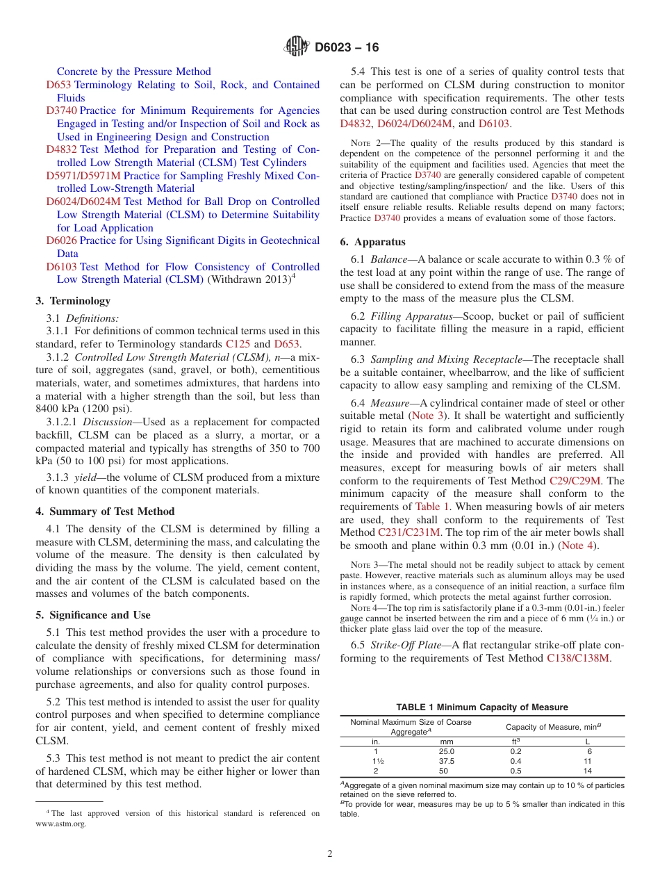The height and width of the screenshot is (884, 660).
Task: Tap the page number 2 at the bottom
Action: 330,854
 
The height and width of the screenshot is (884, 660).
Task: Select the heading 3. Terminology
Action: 73,301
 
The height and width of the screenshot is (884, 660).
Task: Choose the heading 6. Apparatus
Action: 372,243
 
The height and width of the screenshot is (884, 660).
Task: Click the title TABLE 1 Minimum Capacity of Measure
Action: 482,707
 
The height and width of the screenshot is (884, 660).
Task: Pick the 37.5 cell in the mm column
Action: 446,761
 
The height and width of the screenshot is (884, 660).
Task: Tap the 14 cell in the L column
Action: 588,771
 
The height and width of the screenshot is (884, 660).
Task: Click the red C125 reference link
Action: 238,344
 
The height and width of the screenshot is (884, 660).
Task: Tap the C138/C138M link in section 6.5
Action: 578,658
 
